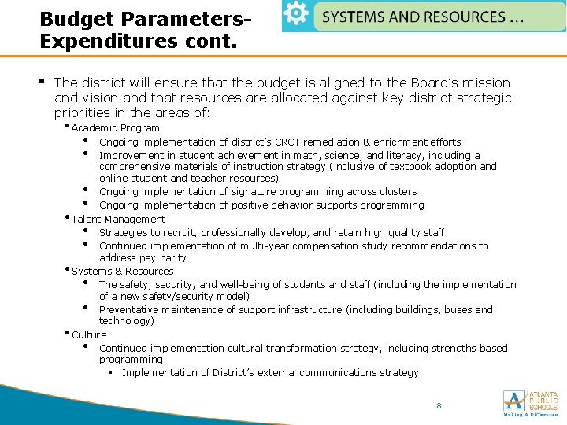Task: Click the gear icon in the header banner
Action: pyautogui.click(x=296, y=16)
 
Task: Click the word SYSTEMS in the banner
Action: pyautogui.click(x=354, y=17)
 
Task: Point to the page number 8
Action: pyautogui.click(x=439, y=405)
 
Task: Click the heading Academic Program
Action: pyautogui.click(x=116, y=128)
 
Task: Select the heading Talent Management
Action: pyautogui.click(x=119, y=220)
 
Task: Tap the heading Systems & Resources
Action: pyautogui.click(x=123, y=272)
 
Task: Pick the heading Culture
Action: pyautogui.click(x=89, y=335)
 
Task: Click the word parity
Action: pyautogui.click(x=172, y=258)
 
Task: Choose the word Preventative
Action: pyautogui.click(x=127, y=310)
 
